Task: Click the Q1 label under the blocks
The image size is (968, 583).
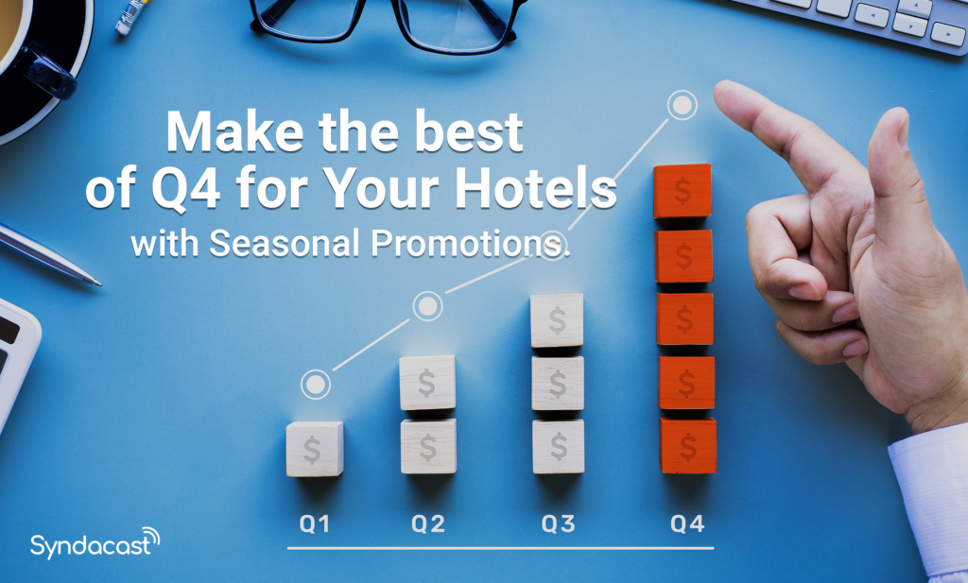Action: [314, 523]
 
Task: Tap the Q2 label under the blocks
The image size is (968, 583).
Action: [428, 523]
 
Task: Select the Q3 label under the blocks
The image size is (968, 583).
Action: [558, 523]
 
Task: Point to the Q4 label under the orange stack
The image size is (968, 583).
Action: [687, 523]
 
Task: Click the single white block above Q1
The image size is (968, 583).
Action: [314, 449]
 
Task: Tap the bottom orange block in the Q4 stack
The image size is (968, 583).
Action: [687, 445]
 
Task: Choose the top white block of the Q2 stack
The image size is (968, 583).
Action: [427, 383]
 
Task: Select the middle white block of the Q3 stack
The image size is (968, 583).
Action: [558, 383]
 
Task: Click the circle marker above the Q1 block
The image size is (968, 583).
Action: [315, 384]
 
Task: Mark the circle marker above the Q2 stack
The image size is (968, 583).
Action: [427, 305]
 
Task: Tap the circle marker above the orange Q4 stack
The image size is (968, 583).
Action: [681, 105]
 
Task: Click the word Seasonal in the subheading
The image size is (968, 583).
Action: [283, 243]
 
